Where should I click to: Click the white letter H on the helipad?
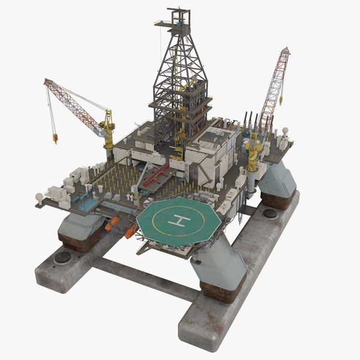(x=179, y=221)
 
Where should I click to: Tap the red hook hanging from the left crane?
(x=55, y=139)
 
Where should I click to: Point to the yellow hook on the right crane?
(x=280, y=101)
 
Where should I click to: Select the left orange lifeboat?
(x=113, y=223)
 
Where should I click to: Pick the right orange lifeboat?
(x=131, y=231)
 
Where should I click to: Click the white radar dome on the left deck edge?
(x=39, y=197)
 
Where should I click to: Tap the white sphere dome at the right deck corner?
(x=285, y=130)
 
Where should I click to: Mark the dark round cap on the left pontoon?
(x=62, y=257)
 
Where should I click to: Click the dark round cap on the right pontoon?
(x=270, y=213)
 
